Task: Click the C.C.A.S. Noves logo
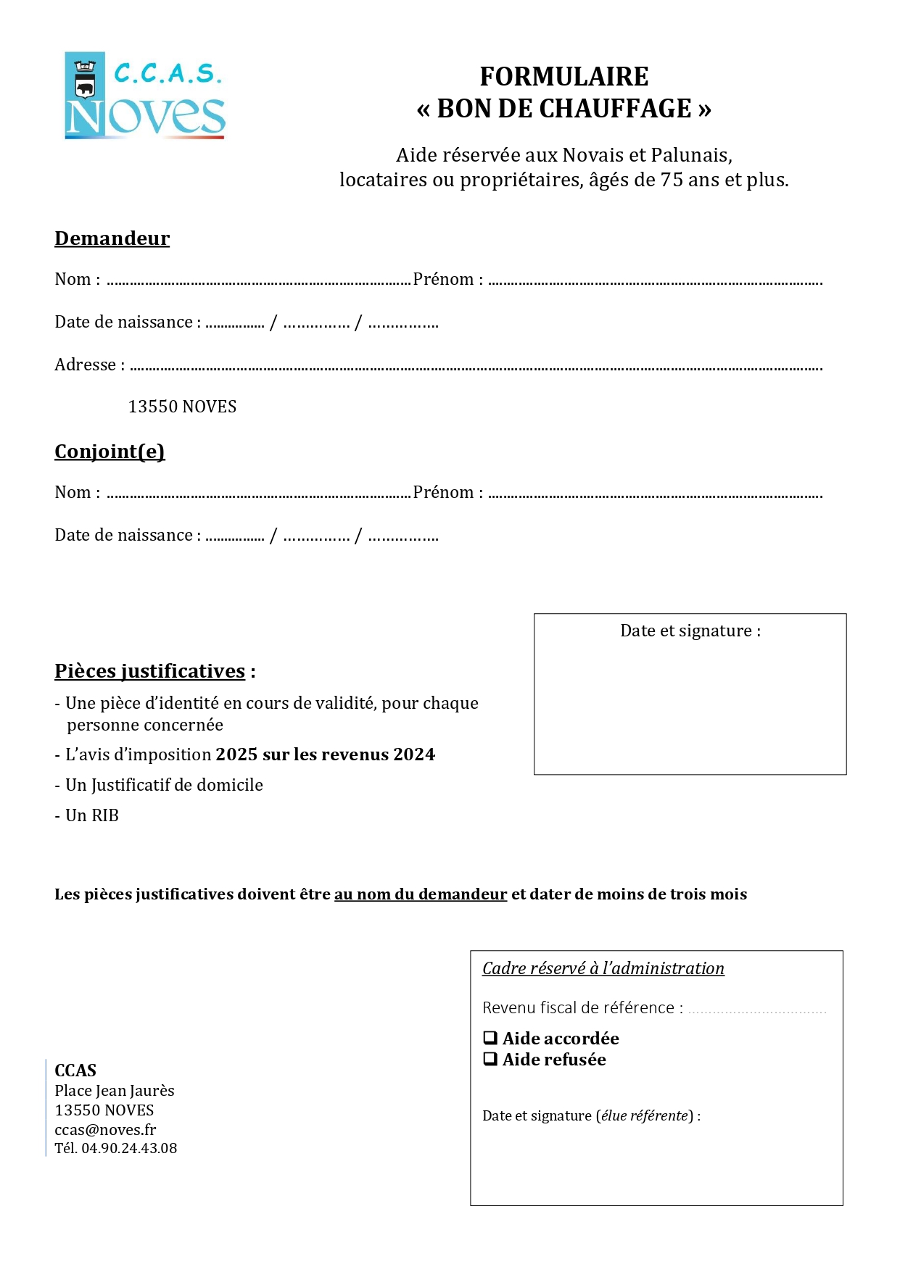point(145,95)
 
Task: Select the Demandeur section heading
point(112,238)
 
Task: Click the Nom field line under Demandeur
point(258,282)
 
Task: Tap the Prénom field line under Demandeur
point(655,282)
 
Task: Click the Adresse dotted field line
point(476,367)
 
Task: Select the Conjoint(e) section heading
point(110,452)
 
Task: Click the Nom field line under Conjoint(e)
point(258,495)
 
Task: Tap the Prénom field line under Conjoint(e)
point(655,495)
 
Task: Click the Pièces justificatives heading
point(150,671)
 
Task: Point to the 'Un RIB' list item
point(91,815)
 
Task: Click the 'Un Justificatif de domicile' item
point(164,785)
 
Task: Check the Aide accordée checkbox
point(490,1038)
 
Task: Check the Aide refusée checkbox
point(490,1059)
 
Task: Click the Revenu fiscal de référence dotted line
point(756,1010)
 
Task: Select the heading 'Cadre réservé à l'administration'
point(603,968)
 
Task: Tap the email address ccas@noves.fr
point(105,1129)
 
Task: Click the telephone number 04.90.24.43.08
point(129,1148)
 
